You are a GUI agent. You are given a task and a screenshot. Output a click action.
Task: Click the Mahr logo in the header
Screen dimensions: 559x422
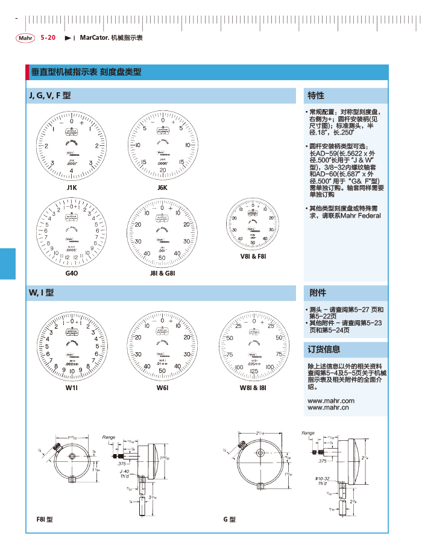25,38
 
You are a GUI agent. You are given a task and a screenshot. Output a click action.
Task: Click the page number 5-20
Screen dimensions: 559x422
48,37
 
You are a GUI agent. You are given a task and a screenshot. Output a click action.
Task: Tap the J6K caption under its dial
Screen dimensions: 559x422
162,188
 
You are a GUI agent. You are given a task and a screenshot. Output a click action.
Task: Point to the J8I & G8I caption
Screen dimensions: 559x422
162,273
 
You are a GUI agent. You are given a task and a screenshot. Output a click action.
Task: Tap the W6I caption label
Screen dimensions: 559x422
162,388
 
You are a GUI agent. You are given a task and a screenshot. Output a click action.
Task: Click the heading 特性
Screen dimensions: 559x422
316,95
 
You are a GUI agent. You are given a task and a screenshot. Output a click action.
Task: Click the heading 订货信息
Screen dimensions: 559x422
324,349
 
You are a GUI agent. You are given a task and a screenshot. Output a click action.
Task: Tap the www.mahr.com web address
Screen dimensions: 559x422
331,400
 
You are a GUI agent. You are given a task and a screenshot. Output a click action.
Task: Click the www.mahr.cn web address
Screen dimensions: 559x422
329,408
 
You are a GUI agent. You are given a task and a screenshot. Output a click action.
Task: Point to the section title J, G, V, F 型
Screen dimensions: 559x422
49,95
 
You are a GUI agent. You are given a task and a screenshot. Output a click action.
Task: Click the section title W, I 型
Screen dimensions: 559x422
42,293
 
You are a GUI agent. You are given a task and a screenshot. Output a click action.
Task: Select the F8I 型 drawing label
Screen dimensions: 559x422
45,519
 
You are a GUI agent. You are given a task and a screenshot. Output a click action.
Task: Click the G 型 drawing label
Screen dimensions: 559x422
229,519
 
